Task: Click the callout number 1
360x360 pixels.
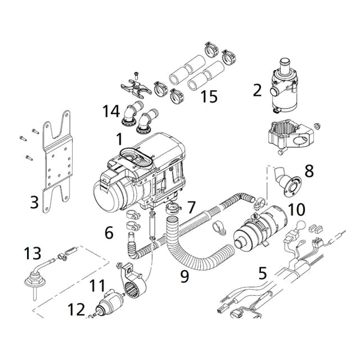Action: coord(119,139)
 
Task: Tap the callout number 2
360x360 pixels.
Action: coord(257,91)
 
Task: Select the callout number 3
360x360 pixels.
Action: coord(34,201)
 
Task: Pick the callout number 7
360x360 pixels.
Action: coord(191,208)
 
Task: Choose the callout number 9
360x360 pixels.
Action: coord(185,276)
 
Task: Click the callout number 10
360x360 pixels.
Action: coord(296,209)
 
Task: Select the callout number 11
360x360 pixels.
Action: coord(97,286)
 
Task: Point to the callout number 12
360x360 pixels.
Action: coord(76,310)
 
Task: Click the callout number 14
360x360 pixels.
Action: coord(111,112)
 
